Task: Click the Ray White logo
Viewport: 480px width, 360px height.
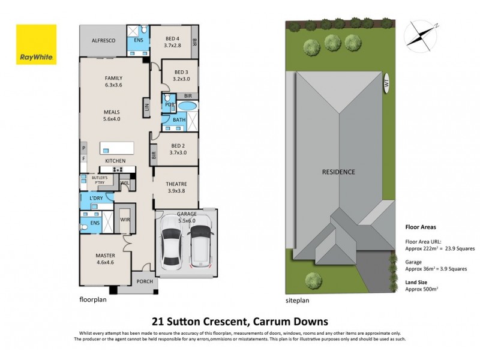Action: (36, 45)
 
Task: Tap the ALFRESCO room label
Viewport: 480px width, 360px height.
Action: (103, 40)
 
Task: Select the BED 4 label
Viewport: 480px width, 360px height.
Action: (172, 37)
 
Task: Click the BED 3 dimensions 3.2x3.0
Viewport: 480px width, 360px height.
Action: (173, 79)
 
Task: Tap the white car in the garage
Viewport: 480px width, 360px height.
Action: (173, 245)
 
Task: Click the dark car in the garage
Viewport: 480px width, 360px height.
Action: (200, 244)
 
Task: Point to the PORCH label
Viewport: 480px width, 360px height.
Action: (144, 281)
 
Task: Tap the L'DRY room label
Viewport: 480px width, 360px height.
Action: (96, 198)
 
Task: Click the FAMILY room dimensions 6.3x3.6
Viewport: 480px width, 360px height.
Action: (113, 85)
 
